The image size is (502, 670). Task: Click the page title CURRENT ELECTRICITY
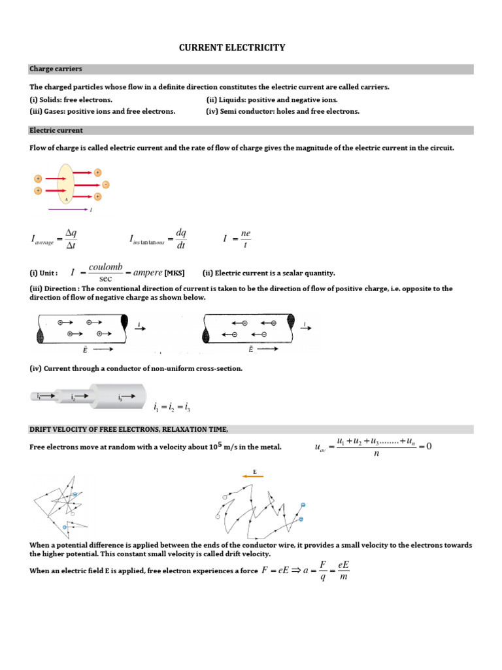[x=232, y=48]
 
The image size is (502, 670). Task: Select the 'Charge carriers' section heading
[x=56, y=69]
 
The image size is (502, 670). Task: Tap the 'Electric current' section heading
[x=56, y=130]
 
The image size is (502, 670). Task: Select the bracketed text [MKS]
[x=175, y=273]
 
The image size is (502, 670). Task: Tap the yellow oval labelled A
[x=67, y=184]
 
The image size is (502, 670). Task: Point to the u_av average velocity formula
[x=373, y=448]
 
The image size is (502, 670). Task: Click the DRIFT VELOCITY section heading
[x=129, y=429]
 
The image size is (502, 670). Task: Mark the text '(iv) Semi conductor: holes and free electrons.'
[x=283, y=111]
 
